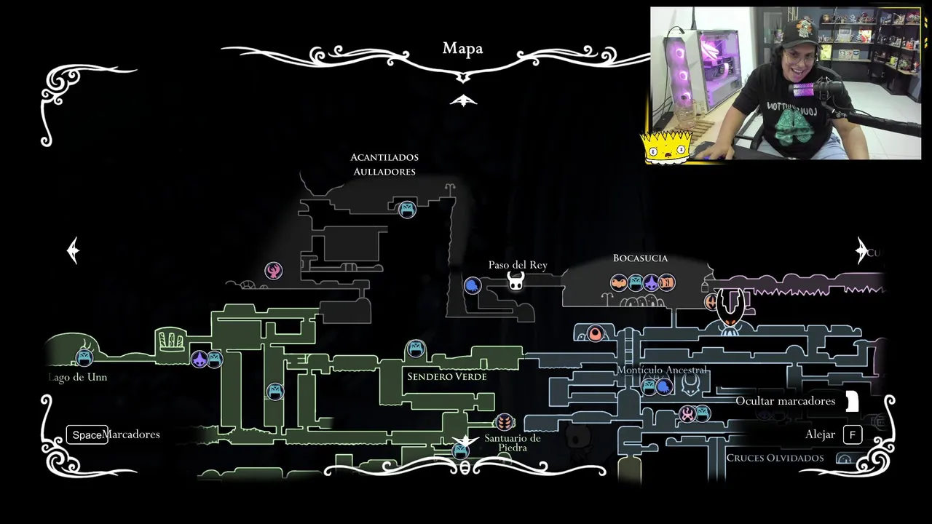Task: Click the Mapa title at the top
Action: (x=462, y=49)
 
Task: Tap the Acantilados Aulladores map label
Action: (x=384, y=164)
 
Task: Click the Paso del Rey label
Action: (x=518, y=265)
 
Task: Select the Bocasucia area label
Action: (x=640, y=258)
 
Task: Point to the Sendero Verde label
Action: (x=447, y=376)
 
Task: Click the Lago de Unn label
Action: (x=78, y=377)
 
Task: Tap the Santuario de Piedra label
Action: (x=513, y=442)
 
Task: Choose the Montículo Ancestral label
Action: (x=662, y=370)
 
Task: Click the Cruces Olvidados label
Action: (x=775, y=458)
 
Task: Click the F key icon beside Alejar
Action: (x=853, y=435)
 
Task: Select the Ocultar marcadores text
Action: (x=785, y=401)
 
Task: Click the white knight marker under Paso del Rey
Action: (x=516, y=281)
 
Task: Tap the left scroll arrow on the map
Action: (x=74, y=250)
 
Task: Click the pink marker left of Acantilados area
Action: (x=273, y=271)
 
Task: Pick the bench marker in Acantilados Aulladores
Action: (x=407, y=210)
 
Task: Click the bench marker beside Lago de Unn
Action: (x=84, y=357)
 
